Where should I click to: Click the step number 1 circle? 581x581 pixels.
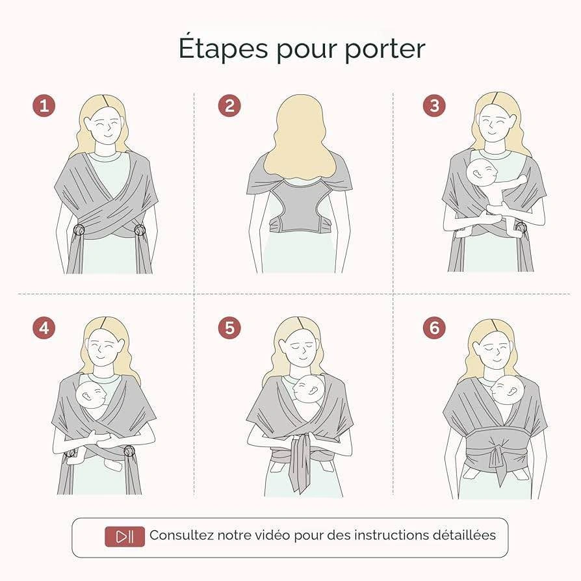44,105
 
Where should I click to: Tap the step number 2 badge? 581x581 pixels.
229,105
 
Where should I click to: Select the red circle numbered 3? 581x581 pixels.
434,105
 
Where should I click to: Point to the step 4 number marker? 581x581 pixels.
44,328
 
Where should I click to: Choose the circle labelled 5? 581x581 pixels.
229,328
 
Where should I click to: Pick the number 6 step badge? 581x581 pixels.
434,328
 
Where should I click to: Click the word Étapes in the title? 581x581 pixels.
223,48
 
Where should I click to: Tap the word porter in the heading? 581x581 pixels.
385,50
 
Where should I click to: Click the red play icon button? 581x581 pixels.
125,537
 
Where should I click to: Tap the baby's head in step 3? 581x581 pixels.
482,174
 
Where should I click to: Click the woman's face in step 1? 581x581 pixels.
105,128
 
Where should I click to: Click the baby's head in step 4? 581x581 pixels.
91,394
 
